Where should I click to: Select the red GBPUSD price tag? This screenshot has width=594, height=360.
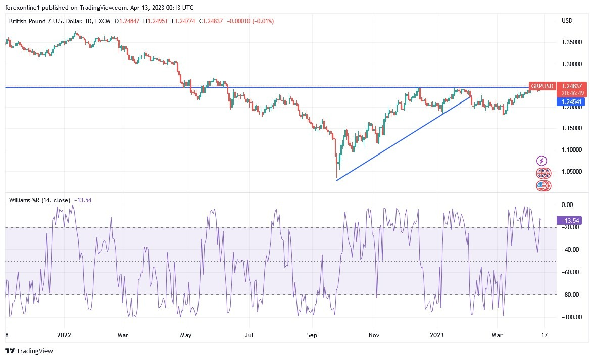click(x=542, y=86)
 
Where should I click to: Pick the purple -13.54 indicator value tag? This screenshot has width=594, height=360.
click(x=569, y=220)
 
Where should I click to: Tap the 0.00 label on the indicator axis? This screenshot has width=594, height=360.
click(x=568, y=204)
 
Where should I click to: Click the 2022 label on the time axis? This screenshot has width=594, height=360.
click(x=64, y=334)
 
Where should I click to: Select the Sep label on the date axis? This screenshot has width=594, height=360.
click(x=312, y=334)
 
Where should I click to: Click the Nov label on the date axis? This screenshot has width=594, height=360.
click(x=374, y=334)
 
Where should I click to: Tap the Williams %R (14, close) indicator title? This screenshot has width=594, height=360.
click(x=40, y=200)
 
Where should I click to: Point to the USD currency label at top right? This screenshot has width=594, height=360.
click(x=567, y=21)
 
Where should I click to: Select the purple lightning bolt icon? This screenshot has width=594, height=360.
click(x=542, y=161)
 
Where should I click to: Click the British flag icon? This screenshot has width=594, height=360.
click(x=542, y=173)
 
